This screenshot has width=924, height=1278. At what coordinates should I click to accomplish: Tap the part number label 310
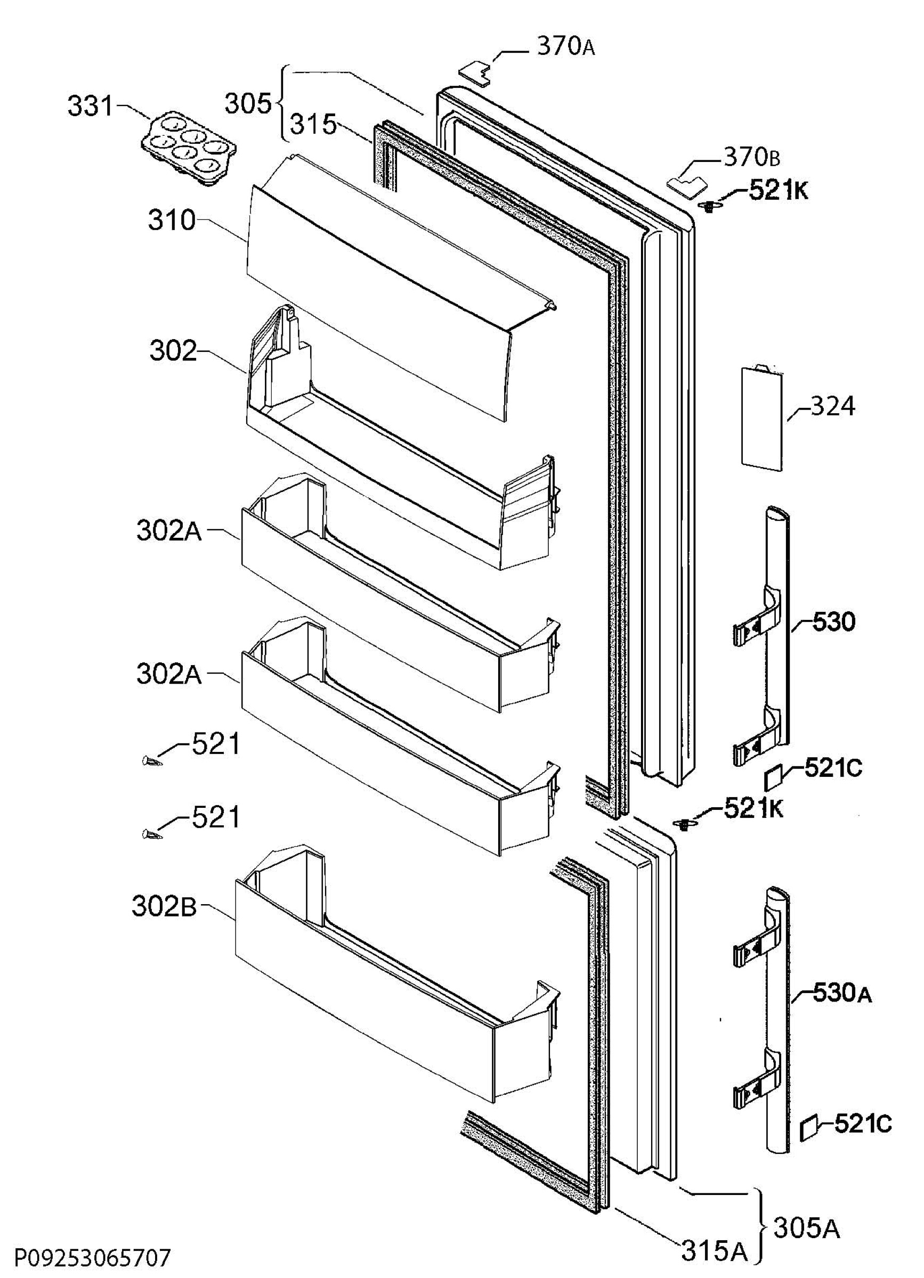click(172, 220)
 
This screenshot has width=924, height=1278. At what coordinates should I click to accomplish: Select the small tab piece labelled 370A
click(475, 73)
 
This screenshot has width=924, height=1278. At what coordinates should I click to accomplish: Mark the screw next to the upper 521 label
click(152, 761)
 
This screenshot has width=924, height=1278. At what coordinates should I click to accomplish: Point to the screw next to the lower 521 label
click(152, 834)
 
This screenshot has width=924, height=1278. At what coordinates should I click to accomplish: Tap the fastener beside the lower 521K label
click(684, 823)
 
